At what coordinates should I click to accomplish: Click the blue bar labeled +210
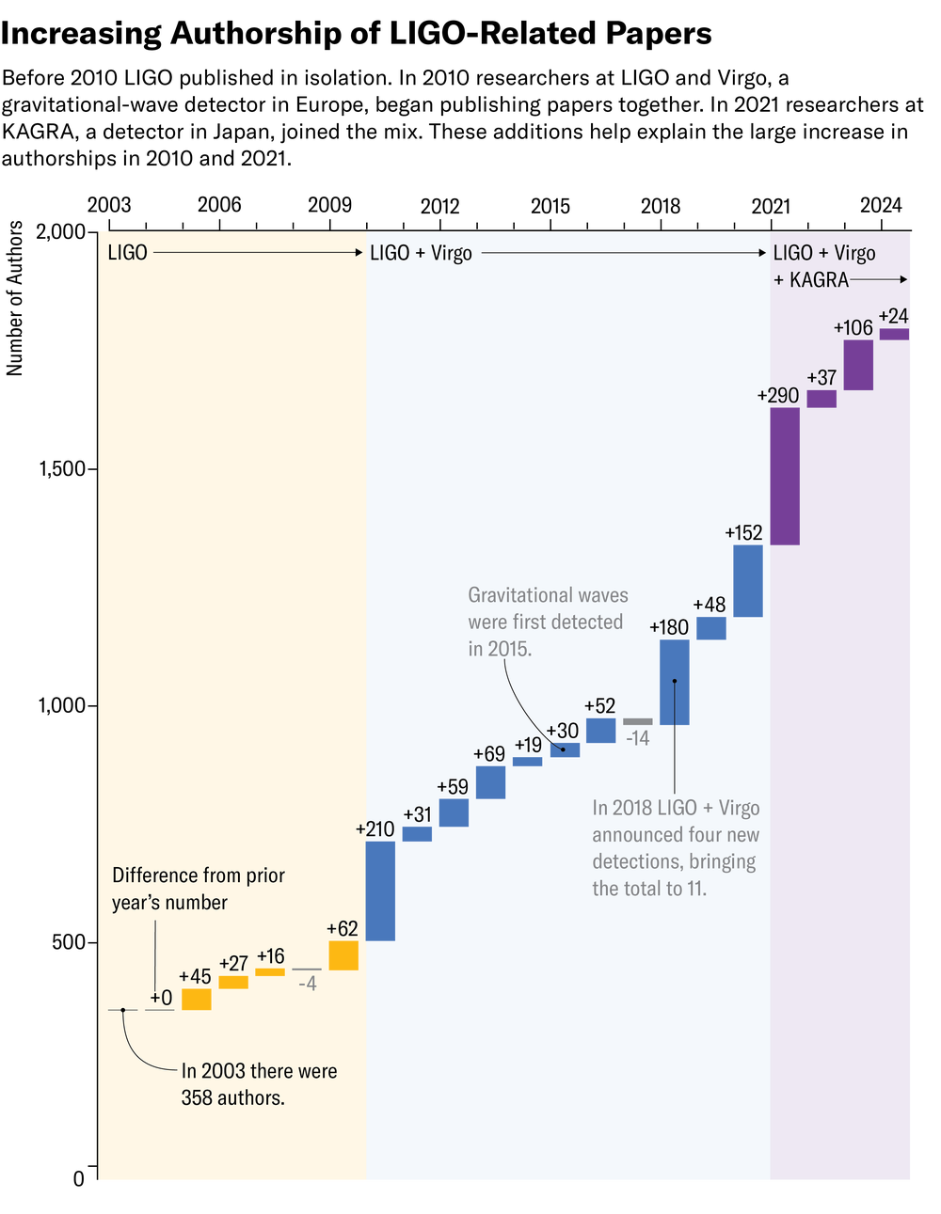click(380, 891)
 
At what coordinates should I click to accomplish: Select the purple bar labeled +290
click(785, 476)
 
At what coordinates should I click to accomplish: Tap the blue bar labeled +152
click(748, 581)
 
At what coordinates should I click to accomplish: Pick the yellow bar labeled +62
click(343, 955)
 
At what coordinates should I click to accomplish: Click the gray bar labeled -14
click(638, 722)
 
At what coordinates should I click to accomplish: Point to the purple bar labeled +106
click(858, 365)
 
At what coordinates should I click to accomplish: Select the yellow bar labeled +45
click(197, 999)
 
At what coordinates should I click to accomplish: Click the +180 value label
click(669, 627)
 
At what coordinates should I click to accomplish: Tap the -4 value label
click(308, 984)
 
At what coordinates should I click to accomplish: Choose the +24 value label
click(893, 316)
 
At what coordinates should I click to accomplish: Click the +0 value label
click(161, 998)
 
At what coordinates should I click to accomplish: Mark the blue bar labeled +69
click(490, 782)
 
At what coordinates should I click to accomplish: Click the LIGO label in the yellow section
click(127, 253)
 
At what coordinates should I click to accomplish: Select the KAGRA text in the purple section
click(819, 280)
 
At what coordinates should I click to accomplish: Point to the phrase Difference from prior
click(199, 875)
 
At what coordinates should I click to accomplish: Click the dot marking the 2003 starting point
click(122, 1010)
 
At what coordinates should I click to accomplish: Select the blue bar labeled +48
click(711, 628)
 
